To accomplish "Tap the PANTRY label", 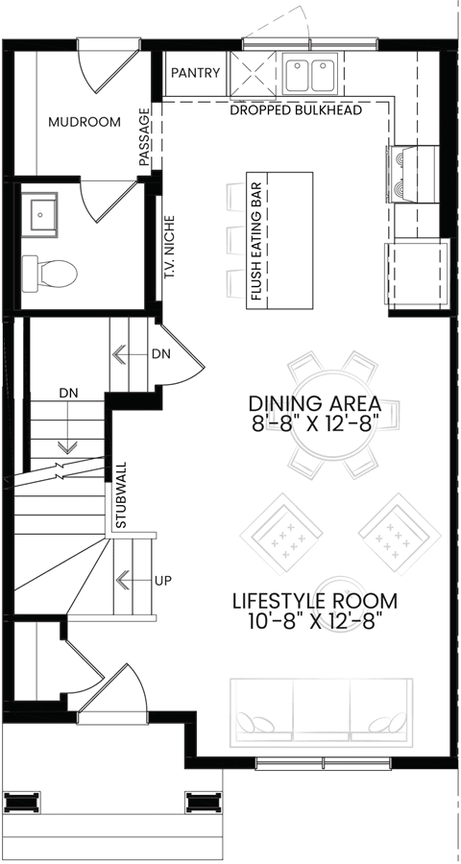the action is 196,73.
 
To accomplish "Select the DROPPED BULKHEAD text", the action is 296,110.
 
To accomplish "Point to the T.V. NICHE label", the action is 170,247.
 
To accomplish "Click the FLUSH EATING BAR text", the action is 255,241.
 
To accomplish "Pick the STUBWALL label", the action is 121,493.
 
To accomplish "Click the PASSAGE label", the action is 144,137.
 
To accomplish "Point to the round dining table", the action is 335,416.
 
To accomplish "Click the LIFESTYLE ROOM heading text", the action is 315,600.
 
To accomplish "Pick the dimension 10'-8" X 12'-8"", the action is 315,622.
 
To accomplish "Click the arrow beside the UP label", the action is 134,580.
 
